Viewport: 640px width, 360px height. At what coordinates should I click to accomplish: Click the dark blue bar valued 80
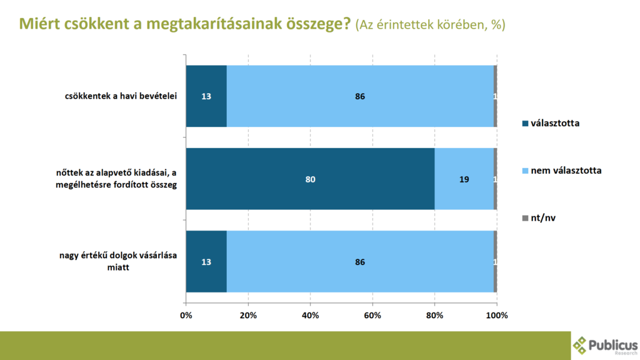point(310,179)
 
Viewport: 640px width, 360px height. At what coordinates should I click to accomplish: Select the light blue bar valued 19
point(464,179)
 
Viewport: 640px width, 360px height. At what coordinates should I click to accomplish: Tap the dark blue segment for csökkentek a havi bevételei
point(206,96)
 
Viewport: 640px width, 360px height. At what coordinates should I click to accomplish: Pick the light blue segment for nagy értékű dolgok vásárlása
point(359,262)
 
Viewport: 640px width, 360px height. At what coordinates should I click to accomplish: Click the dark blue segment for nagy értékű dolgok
point(206,262)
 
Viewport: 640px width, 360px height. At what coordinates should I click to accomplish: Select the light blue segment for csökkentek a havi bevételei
point(359,96)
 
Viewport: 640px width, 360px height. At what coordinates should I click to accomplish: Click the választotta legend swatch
point(525,123)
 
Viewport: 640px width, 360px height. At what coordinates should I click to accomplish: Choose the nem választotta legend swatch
point(525,170)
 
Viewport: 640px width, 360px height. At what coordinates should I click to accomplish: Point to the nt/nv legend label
point(544,217)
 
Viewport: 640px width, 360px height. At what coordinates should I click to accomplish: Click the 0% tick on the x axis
point(186,315)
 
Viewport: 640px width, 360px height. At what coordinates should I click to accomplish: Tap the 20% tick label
point(248,315)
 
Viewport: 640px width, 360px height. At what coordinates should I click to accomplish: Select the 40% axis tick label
point(310,315)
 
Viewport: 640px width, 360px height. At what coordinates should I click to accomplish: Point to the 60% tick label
point(372,315)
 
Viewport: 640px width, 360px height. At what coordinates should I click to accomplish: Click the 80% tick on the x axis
point(434,315)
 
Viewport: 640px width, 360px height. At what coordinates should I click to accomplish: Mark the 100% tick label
point(497,315)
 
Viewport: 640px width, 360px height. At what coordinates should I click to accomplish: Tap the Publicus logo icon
point(581,344)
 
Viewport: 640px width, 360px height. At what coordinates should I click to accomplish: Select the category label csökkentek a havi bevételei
point(121,96)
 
